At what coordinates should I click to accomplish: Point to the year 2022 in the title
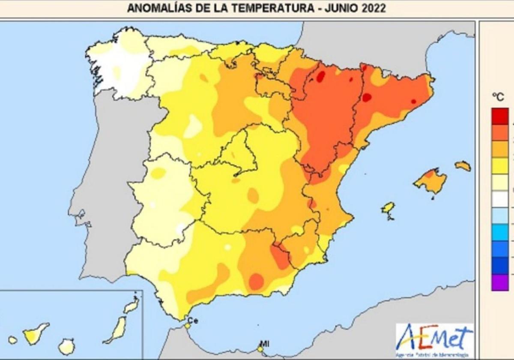[x=374, y=8]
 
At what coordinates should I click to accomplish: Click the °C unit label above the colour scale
[x=498, y=97]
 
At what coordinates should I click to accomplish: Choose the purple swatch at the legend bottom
[x=500, y=282]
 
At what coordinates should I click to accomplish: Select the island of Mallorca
[x=430, y=181]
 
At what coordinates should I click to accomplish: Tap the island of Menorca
[x=463, y=166]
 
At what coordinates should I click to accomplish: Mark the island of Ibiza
[x=388, y=208]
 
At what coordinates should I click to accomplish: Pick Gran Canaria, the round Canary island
[x=66, y=346]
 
